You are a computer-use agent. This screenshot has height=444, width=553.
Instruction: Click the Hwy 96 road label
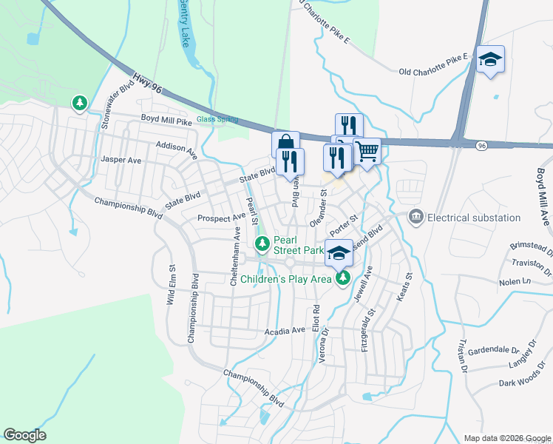(x=147, y=83)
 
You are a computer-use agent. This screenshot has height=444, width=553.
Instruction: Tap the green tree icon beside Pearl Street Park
(x=262, y=243)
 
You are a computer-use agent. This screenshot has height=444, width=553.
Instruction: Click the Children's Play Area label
(x=289, y=279)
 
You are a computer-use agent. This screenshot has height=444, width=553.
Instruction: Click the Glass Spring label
(x=217, y=120)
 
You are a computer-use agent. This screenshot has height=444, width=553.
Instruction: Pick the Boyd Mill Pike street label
(x=166, y=120)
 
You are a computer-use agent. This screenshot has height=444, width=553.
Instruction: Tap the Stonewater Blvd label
(x=117, y=104)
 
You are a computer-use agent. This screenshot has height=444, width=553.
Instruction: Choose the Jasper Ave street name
(x=121, y=160)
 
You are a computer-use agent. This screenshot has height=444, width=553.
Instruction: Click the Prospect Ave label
(x=221, y=218)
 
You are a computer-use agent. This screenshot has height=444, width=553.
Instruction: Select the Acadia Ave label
(x=285, y=331)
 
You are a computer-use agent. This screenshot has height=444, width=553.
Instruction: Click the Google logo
(x=24, y=435)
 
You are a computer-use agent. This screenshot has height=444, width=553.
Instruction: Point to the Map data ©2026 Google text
(x=506, y=438)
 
